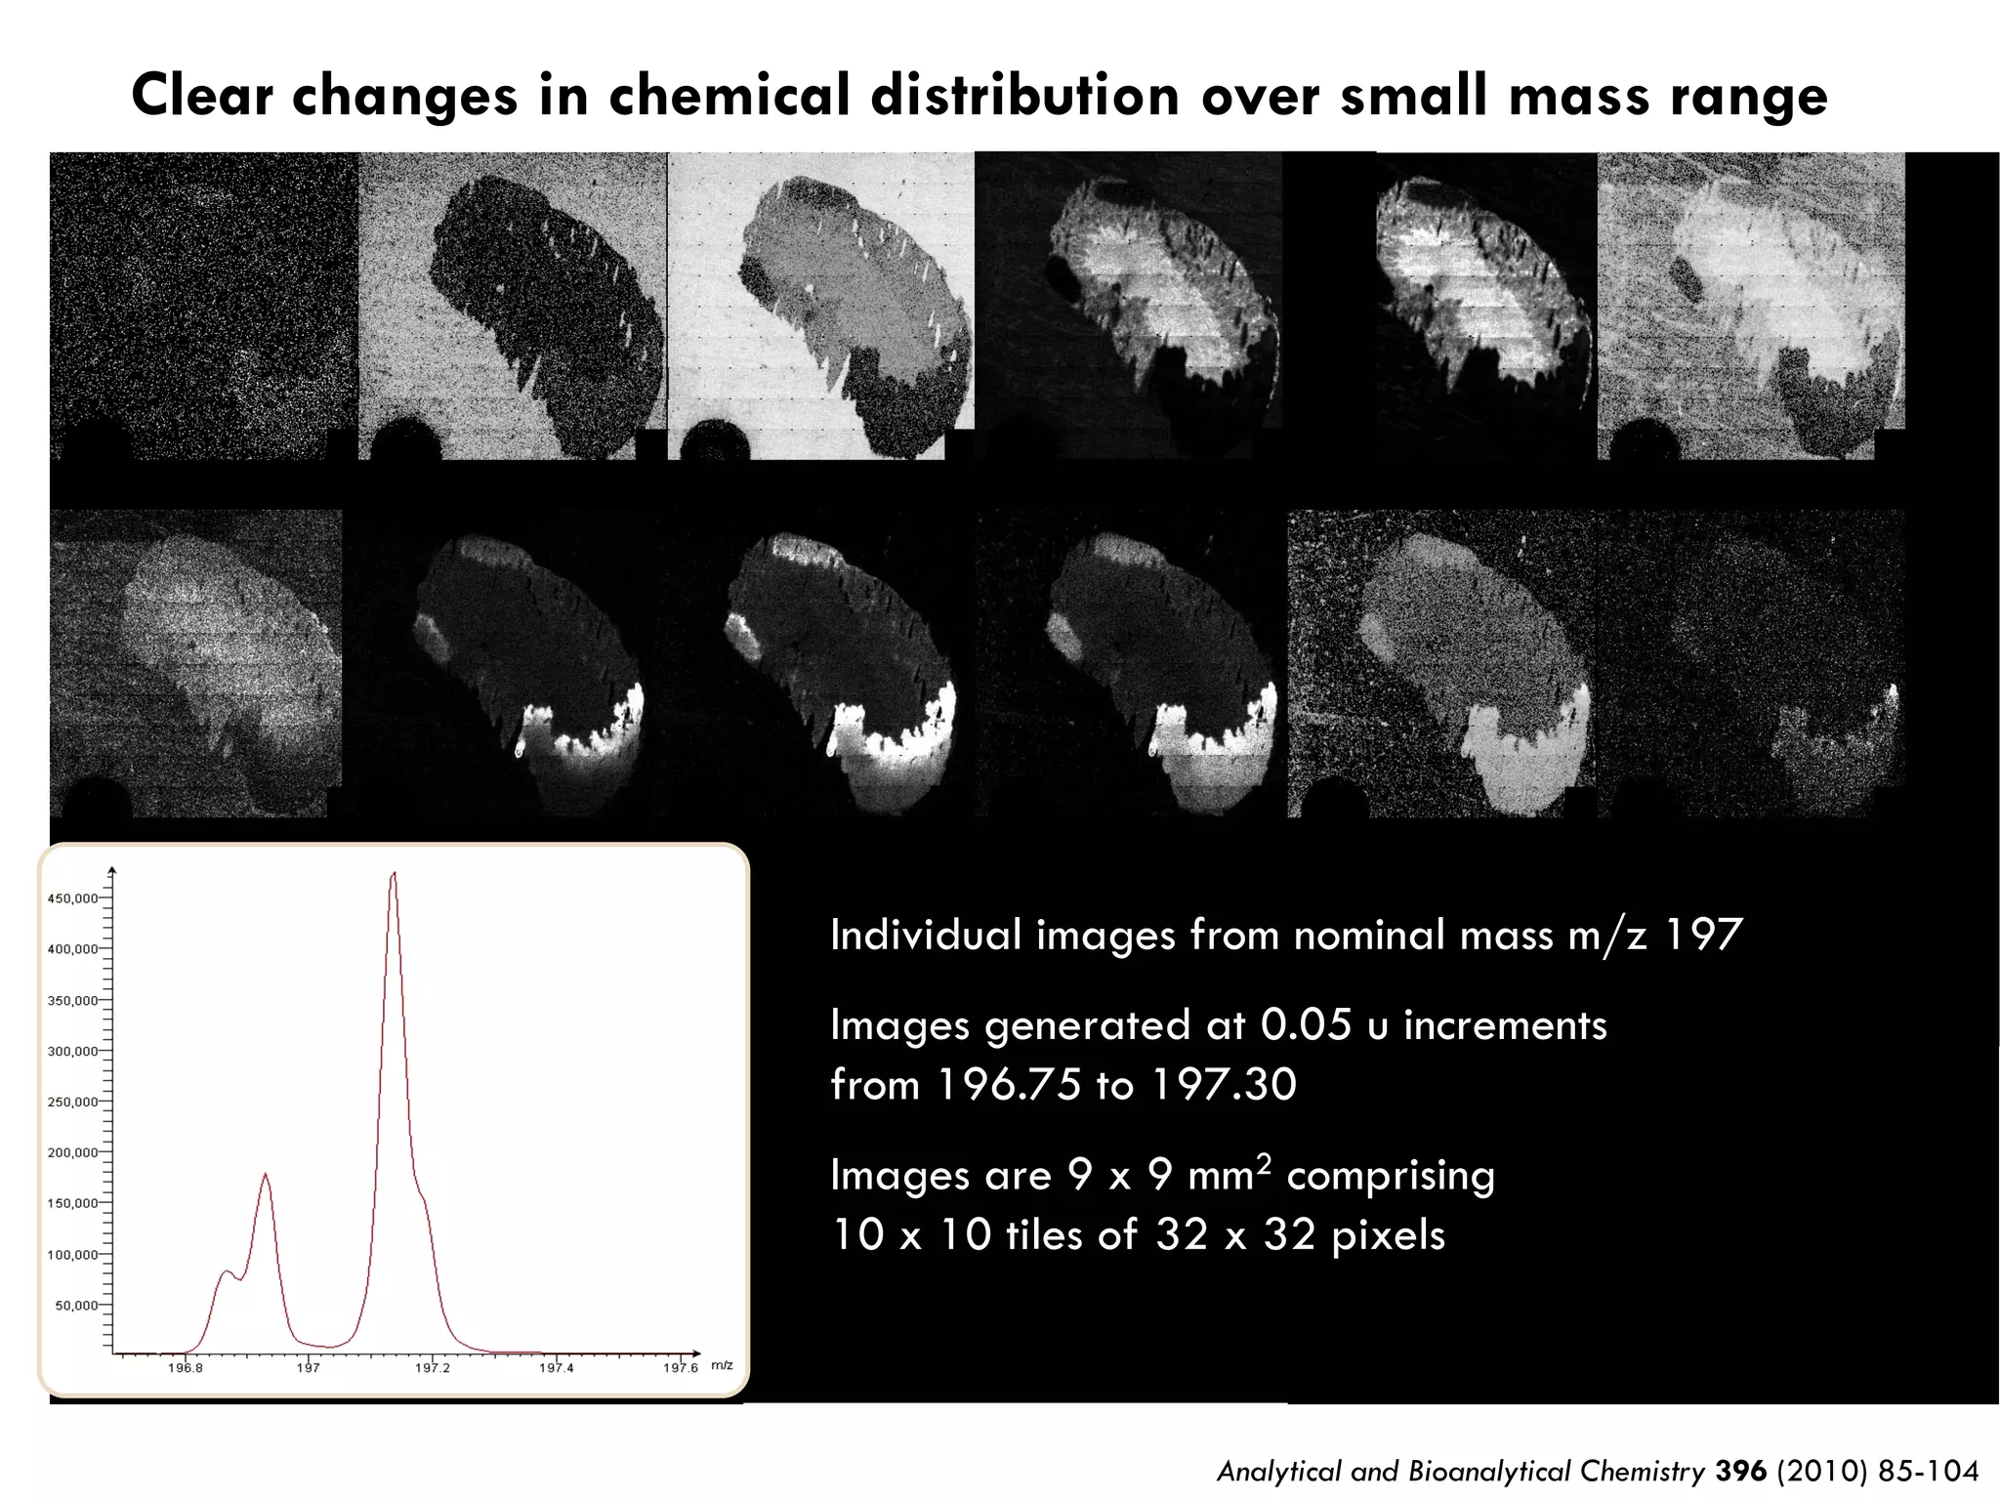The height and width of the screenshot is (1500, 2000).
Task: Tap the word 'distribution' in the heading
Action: point(1024,96)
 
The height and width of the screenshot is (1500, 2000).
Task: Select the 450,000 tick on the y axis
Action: point(73,898)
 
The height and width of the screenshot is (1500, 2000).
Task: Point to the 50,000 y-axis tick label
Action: point(76,1306)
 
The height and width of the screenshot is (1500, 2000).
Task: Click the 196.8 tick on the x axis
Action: point(186,1368)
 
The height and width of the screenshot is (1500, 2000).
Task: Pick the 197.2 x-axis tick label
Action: point(433,1368)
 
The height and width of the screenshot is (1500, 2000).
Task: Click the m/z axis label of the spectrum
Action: point(722,1365)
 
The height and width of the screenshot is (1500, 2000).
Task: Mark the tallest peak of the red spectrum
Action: point(394,875)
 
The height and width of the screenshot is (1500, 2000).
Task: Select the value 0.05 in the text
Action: point(1306,1025)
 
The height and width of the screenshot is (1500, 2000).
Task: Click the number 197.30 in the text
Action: point(1224,1085)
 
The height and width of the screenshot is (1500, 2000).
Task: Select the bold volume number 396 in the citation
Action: point(1740,1471)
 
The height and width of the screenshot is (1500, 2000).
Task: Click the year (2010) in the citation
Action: point(1822,1471)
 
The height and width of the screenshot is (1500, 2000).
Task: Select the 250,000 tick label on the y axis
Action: point(73,1103)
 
